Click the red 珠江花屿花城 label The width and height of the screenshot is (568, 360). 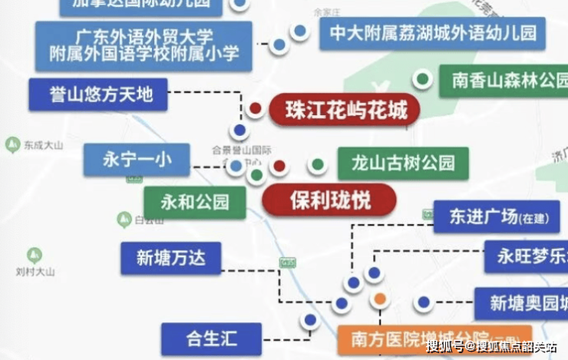pos(345,111)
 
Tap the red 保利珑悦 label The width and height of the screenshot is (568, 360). pos(330,201)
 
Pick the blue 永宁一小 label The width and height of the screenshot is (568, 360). pos(136,160)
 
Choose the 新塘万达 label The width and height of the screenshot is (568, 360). pos(171,259)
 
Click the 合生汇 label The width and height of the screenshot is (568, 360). pos(211,339)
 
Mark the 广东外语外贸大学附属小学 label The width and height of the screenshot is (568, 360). pos(144,45)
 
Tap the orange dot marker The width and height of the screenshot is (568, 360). pos(380,299)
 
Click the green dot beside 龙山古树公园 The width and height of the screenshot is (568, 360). pos(317,165)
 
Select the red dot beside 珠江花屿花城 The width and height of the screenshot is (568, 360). pos(256,108)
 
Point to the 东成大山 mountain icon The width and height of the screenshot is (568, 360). pos(12,144)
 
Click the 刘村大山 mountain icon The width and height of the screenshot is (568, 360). pos(34,255)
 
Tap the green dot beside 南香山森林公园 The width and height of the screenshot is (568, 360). pos(421,78)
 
